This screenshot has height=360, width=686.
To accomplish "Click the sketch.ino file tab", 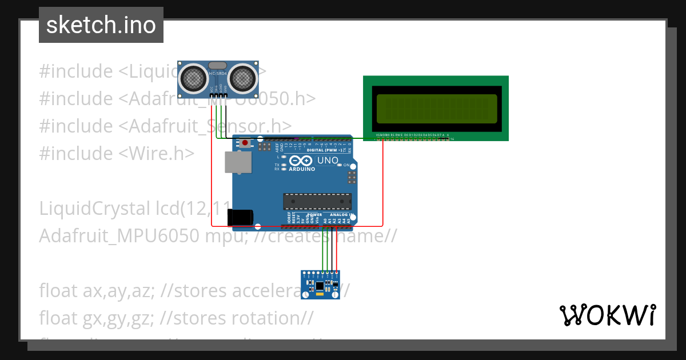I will tap(101, 25).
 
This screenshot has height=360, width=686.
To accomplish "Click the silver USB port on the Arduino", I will tap(236, 163).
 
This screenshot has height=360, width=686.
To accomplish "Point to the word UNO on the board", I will tap(328, 161).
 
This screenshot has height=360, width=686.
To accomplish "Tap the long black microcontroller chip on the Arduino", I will tap(317, 202).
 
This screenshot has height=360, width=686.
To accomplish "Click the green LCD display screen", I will tap(436, 109).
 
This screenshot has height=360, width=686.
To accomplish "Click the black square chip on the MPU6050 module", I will tap(320, 285).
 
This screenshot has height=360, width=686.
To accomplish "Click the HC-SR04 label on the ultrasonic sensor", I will tap(218, 74).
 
